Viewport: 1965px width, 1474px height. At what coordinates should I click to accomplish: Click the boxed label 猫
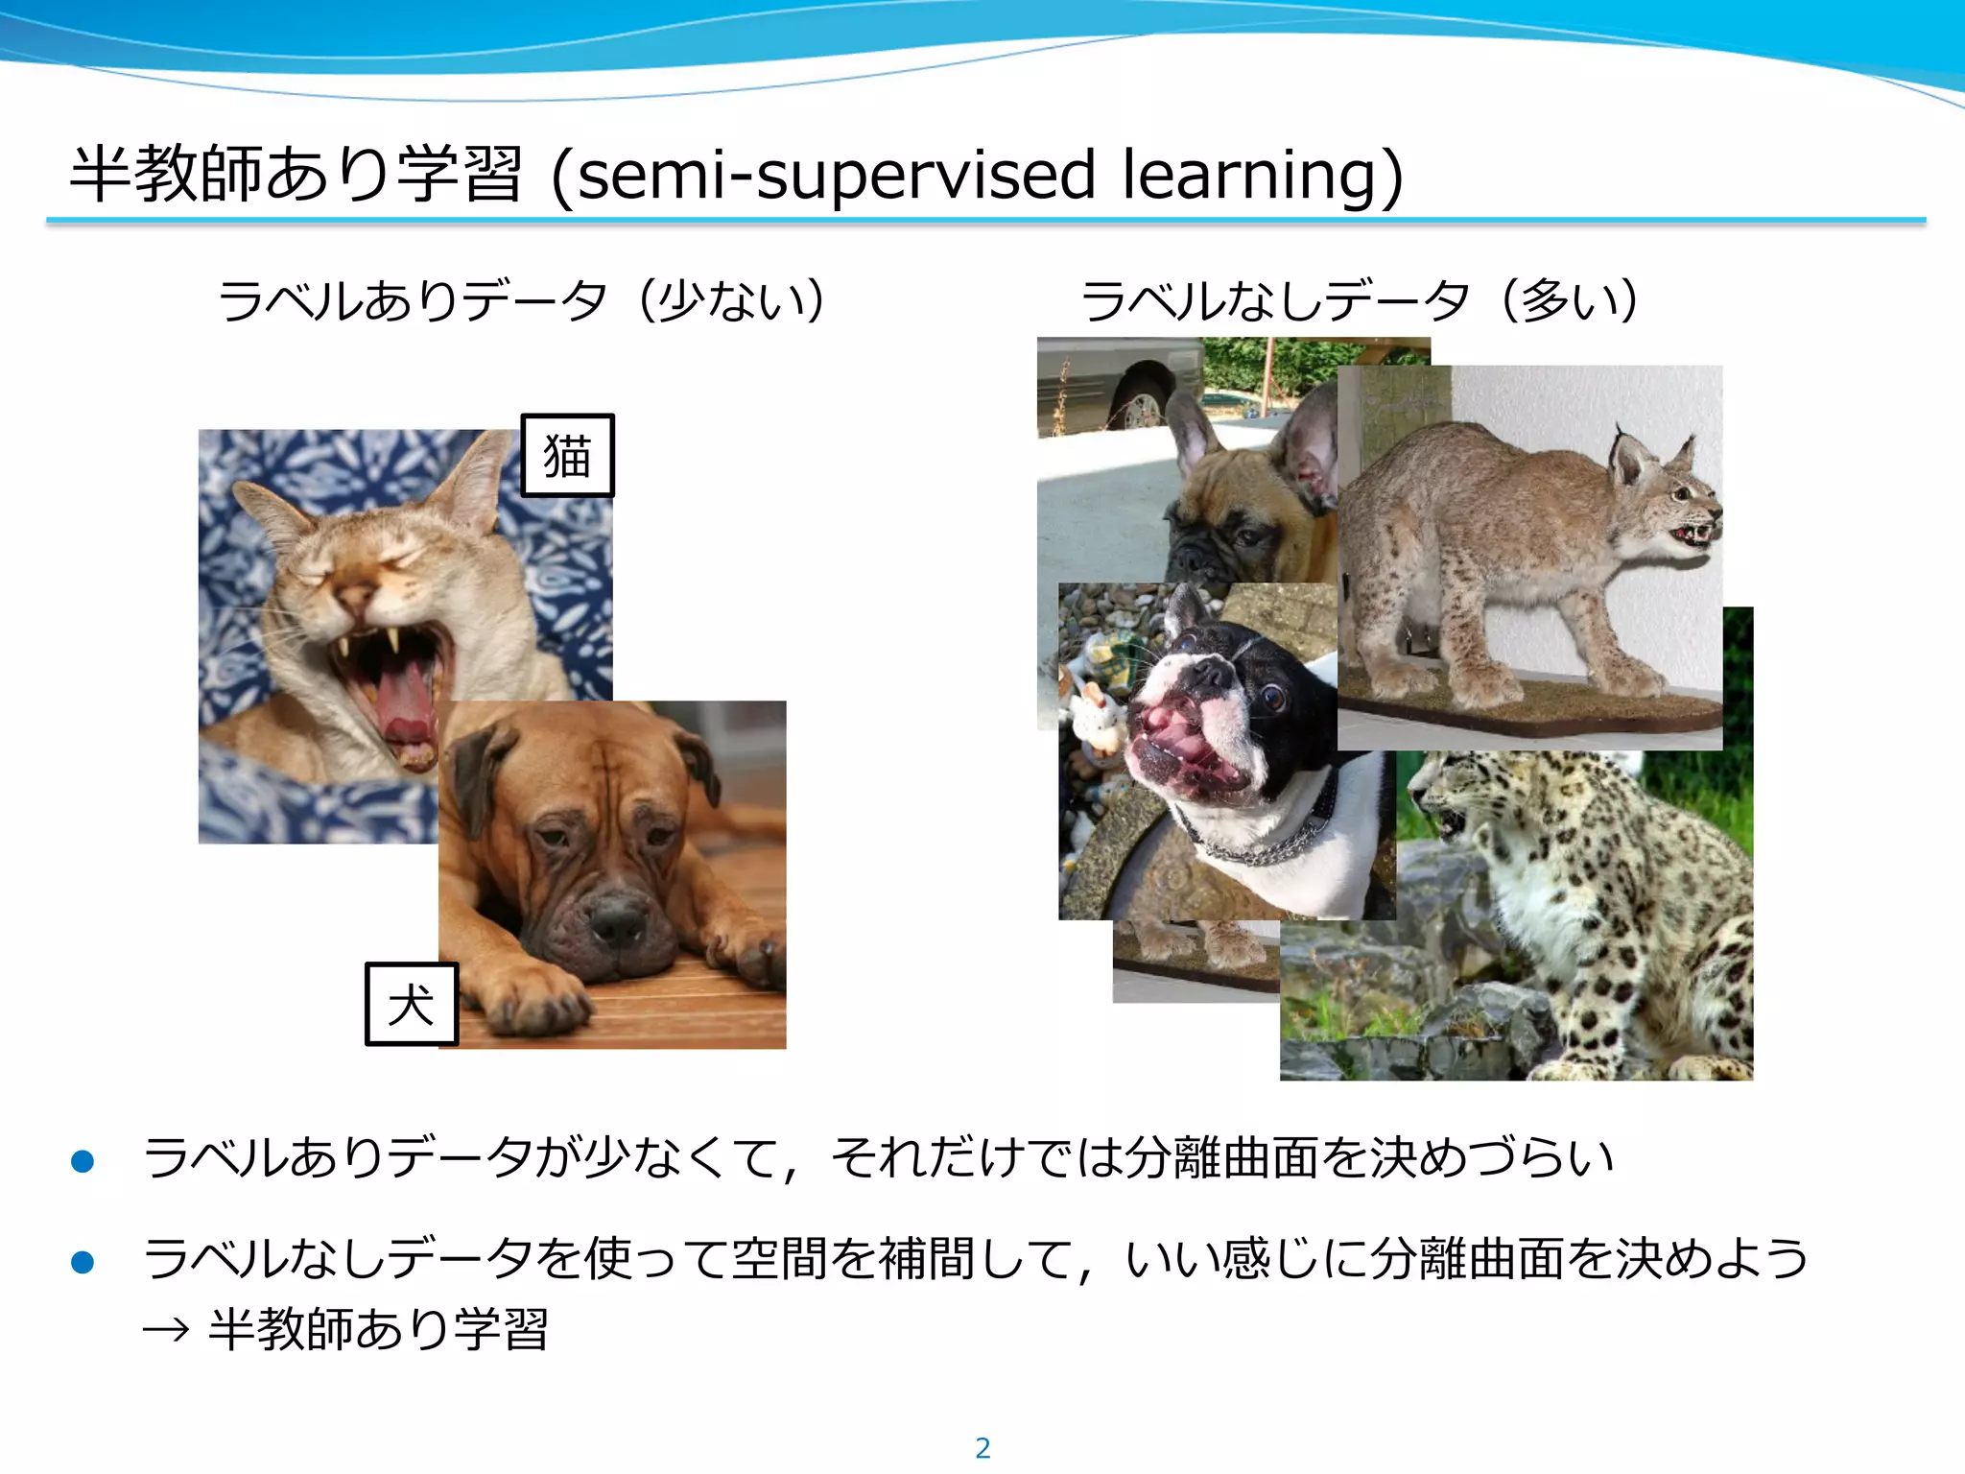[x=567, y=456]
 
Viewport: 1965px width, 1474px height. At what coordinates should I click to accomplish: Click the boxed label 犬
[x=412, y=1004]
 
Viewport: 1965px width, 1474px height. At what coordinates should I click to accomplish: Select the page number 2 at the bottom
[x=982, y=1448]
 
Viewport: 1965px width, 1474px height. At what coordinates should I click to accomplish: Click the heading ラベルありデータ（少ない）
[x=522, y=300]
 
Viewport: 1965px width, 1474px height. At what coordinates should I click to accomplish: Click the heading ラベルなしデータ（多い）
[x=1361, y=300]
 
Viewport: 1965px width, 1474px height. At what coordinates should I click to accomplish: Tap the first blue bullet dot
[x=83, y=1161]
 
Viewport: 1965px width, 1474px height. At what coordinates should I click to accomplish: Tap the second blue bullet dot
[x=83, y=1262]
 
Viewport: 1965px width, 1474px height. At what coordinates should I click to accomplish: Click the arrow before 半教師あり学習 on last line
[x=165, y=1331]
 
